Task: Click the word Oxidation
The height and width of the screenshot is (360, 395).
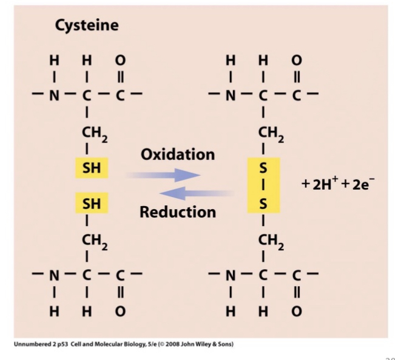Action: [x=177, y=154]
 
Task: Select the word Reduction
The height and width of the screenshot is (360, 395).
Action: [x=177, y=212]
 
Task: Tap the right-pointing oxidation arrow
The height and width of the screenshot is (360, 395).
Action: [x=162, y=175]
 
